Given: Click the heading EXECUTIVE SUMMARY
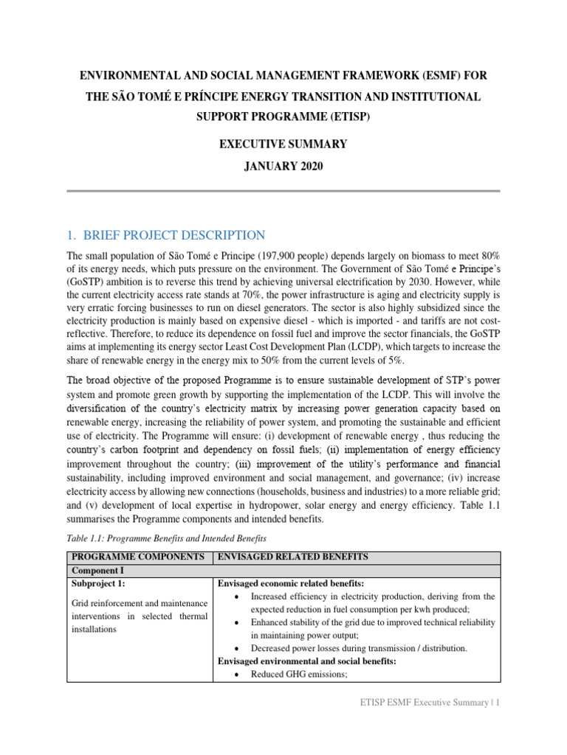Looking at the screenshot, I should pyautogui.click(x=283, y=144).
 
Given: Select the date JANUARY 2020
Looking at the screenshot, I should pyautogui.click(x=283, y=167).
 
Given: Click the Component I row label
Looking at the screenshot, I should pyautogui.click(x=98, y=571).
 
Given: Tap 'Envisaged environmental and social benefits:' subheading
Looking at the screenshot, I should pyautogui.click(x=306, y=661).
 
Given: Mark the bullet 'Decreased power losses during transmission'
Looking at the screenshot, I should pyautogui.click(x=359, y=648).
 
